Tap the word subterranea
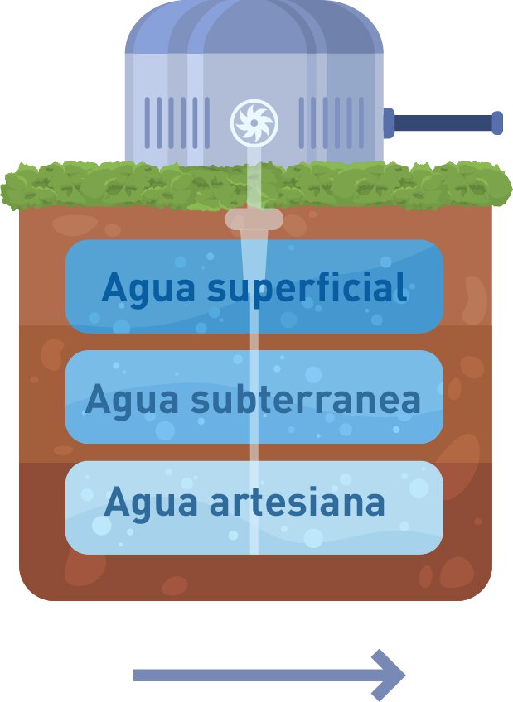coord(306,400)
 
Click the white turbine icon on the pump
coord(254,123)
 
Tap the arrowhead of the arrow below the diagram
coord(389,675)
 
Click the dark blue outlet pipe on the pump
coord(443,123)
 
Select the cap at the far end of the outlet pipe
coord(497,123)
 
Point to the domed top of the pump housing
coord(254,29)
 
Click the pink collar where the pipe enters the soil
coord(254,219)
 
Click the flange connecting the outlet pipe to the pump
coord(388,123)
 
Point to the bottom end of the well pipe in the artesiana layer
coord(254,548)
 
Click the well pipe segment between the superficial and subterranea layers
coord(254,342)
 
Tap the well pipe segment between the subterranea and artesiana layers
coord(254,452)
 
